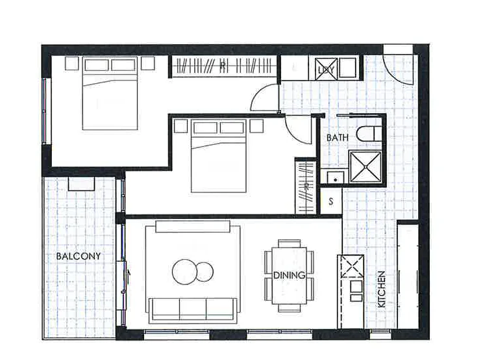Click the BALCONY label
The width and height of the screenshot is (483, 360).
point(79,256)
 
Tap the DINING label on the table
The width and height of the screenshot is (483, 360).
point(290,276)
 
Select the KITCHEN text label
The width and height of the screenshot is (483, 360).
point(382,289)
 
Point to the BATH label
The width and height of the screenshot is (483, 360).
point(338,138)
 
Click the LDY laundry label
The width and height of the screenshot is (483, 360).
point(325,70)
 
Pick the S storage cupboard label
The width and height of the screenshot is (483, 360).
point(331,201)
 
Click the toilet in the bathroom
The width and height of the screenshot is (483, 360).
point(371,133)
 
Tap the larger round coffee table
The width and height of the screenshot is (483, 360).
point(184,272)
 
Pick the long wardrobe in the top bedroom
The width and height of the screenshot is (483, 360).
point(224,67)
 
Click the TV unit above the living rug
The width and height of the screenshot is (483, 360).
point(193,225)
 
